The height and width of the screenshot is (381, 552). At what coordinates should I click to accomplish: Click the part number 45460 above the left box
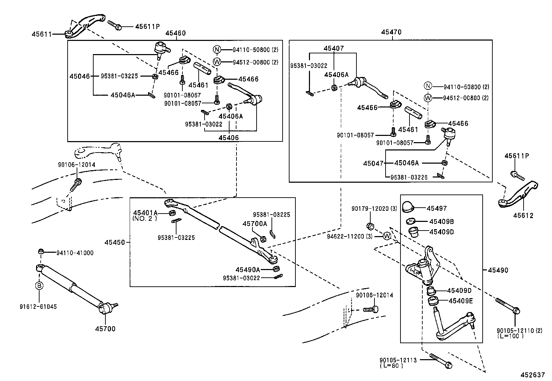[x=175, y=33]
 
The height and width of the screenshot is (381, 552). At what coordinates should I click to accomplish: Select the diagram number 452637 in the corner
[x=532, y=375]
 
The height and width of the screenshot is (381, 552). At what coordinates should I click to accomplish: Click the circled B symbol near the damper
[x=39, y=286]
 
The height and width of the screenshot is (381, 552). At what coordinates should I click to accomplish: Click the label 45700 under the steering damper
[x=105, y=329]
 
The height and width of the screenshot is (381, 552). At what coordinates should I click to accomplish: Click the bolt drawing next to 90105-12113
[x=441, y=361]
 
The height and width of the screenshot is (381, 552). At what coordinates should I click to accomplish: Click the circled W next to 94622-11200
[x=387, y=236]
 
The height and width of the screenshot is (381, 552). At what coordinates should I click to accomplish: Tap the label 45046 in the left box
[x=79, y=76]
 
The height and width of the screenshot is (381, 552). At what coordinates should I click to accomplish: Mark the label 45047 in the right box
[x=373, y=163]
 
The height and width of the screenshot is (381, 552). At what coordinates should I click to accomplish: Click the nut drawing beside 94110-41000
[x=41, y=251]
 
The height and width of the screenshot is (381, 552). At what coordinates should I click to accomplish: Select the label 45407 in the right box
[x=334, y=49]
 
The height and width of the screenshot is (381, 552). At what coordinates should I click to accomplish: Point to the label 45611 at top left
[x=42, y=34]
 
